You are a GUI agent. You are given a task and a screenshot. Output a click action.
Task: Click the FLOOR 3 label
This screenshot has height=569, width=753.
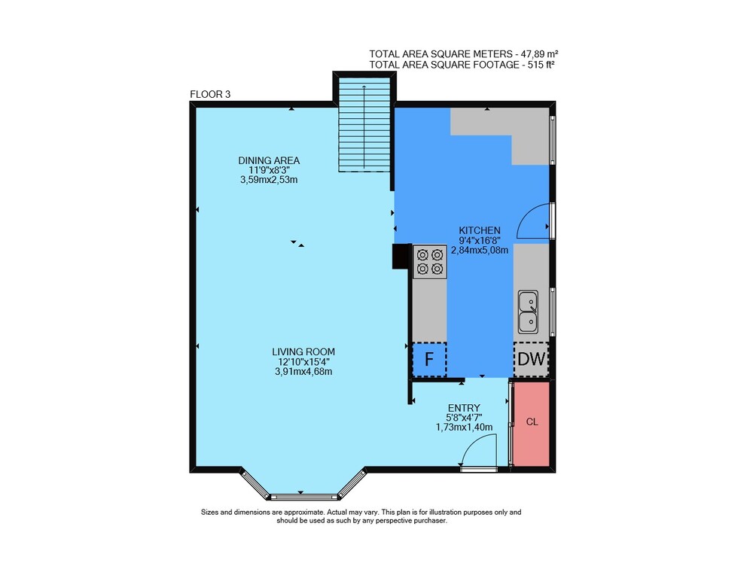210,94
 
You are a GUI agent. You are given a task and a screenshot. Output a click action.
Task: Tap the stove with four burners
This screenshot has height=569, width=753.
430,262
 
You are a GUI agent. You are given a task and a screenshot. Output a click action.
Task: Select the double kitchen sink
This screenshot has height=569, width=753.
527,312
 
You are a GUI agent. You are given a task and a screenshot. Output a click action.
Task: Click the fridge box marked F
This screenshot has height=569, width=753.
430,359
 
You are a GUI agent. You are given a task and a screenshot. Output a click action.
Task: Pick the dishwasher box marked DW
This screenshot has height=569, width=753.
532,359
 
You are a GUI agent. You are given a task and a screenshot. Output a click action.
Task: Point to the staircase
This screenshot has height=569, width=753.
364,124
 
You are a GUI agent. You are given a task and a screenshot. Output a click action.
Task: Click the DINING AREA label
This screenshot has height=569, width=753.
269,160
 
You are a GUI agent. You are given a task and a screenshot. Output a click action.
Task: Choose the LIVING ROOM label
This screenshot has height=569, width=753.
303,351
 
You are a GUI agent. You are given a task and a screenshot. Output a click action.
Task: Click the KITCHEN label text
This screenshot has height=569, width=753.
480,230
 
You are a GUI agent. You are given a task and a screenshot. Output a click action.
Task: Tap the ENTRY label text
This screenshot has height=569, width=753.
464,408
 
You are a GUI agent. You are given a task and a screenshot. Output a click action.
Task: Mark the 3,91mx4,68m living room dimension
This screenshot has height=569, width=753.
303,371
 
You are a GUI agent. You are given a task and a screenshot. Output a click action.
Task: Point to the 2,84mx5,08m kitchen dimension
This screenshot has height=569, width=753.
480,250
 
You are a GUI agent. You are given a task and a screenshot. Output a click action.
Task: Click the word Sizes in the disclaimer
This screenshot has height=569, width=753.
209,513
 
